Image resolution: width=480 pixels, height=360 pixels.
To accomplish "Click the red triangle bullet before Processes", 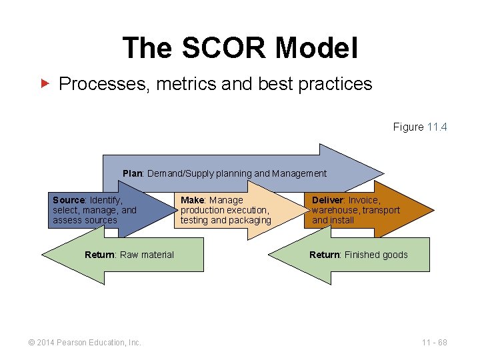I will tap(45, 84).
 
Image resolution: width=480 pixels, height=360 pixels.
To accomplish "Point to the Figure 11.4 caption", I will tap(419, 127).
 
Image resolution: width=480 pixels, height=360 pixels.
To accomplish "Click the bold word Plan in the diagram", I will tap(133, 173).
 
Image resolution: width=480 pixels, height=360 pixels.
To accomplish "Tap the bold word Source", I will tap(69, 200).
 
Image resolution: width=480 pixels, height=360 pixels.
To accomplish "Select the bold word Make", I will tap(193, 200).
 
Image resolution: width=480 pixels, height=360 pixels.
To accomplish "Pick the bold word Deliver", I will tap(327, 200).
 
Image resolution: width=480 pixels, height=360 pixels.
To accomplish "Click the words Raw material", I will tap(147, 255).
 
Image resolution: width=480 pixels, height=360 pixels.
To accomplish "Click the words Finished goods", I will tap(376, 255).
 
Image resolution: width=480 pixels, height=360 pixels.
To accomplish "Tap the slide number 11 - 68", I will tap(434, 343).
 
